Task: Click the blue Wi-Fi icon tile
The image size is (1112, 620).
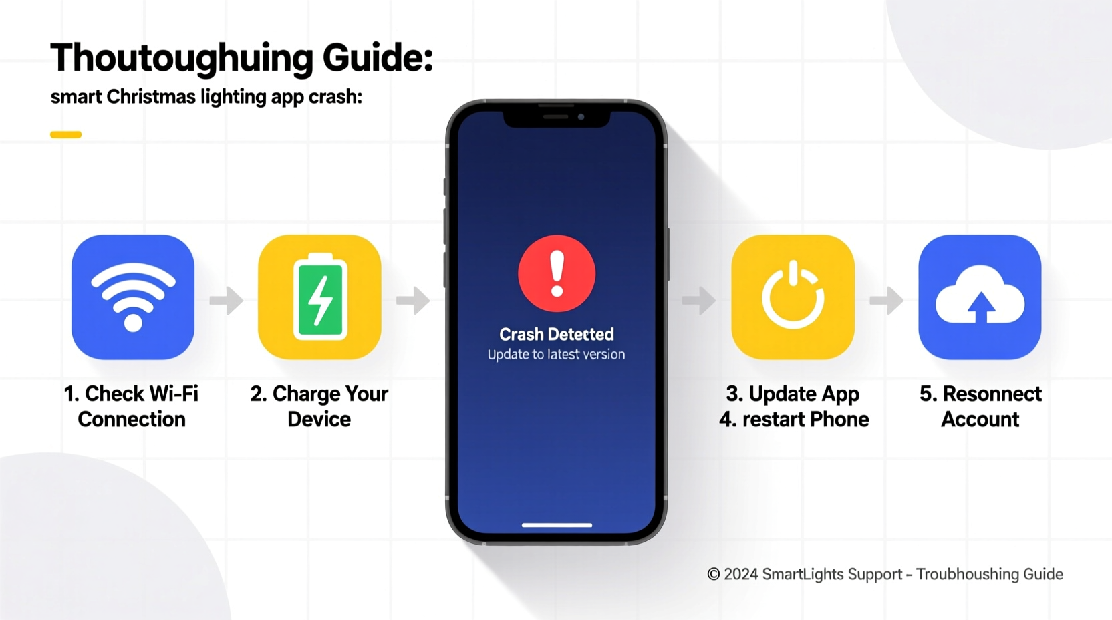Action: pos(133,297)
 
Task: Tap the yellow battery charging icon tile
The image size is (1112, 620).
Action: pos(319,297)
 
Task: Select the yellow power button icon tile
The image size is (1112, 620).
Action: pos(793,297)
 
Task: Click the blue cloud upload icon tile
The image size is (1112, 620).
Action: pos(980,297)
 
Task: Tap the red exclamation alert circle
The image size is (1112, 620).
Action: pos(557,273)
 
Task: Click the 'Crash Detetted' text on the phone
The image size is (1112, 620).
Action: pos(557,334)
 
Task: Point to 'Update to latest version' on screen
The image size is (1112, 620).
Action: pos(556,355)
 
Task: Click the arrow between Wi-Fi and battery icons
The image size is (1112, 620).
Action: pos(227,300)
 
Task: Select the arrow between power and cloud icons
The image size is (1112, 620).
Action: pos(887,300)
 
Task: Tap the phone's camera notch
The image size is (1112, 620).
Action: pos(557,118)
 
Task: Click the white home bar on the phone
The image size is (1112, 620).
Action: pos(557,525)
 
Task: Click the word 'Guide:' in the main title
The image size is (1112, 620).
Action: pos(378,57)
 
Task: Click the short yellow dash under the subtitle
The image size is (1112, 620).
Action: pos(65,134)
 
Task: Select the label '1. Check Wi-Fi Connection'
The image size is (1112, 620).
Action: pos(132,406)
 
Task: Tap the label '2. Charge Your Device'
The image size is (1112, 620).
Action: pos(319,406)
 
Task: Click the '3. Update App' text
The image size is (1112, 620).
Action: pos(793,394)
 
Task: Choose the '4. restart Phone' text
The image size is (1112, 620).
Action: pos(794,420)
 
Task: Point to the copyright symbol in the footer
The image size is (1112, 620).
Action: pos(714,575)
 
